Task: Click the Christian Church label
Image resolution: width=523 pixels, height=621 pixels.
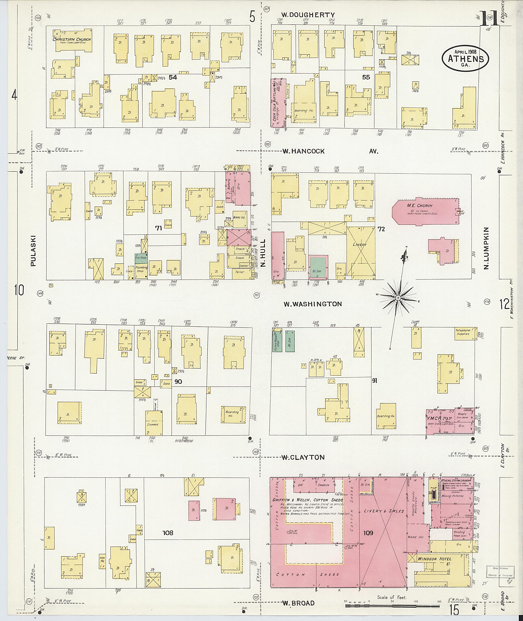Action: coord(72,39)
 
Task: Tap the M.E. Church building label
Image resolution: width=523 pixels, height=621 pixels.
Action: coord(420,205)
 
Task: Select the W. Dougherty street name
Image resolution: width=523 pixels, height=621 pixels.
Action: coord(308,15)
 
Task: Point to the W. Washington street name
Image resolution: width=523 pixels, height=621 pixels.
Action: coord(313,304)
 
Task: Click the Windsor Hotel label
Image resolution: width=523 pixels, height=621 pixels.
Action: coord(434,559)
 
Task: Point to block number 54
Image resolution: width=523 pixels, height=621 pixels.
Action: coord(173,77)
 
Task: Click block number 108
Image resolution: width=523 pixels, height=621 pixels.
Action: coord(168,533)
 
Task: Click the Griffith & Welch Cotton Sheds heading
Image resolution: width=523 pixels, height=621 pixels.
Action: coord(307,500)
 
